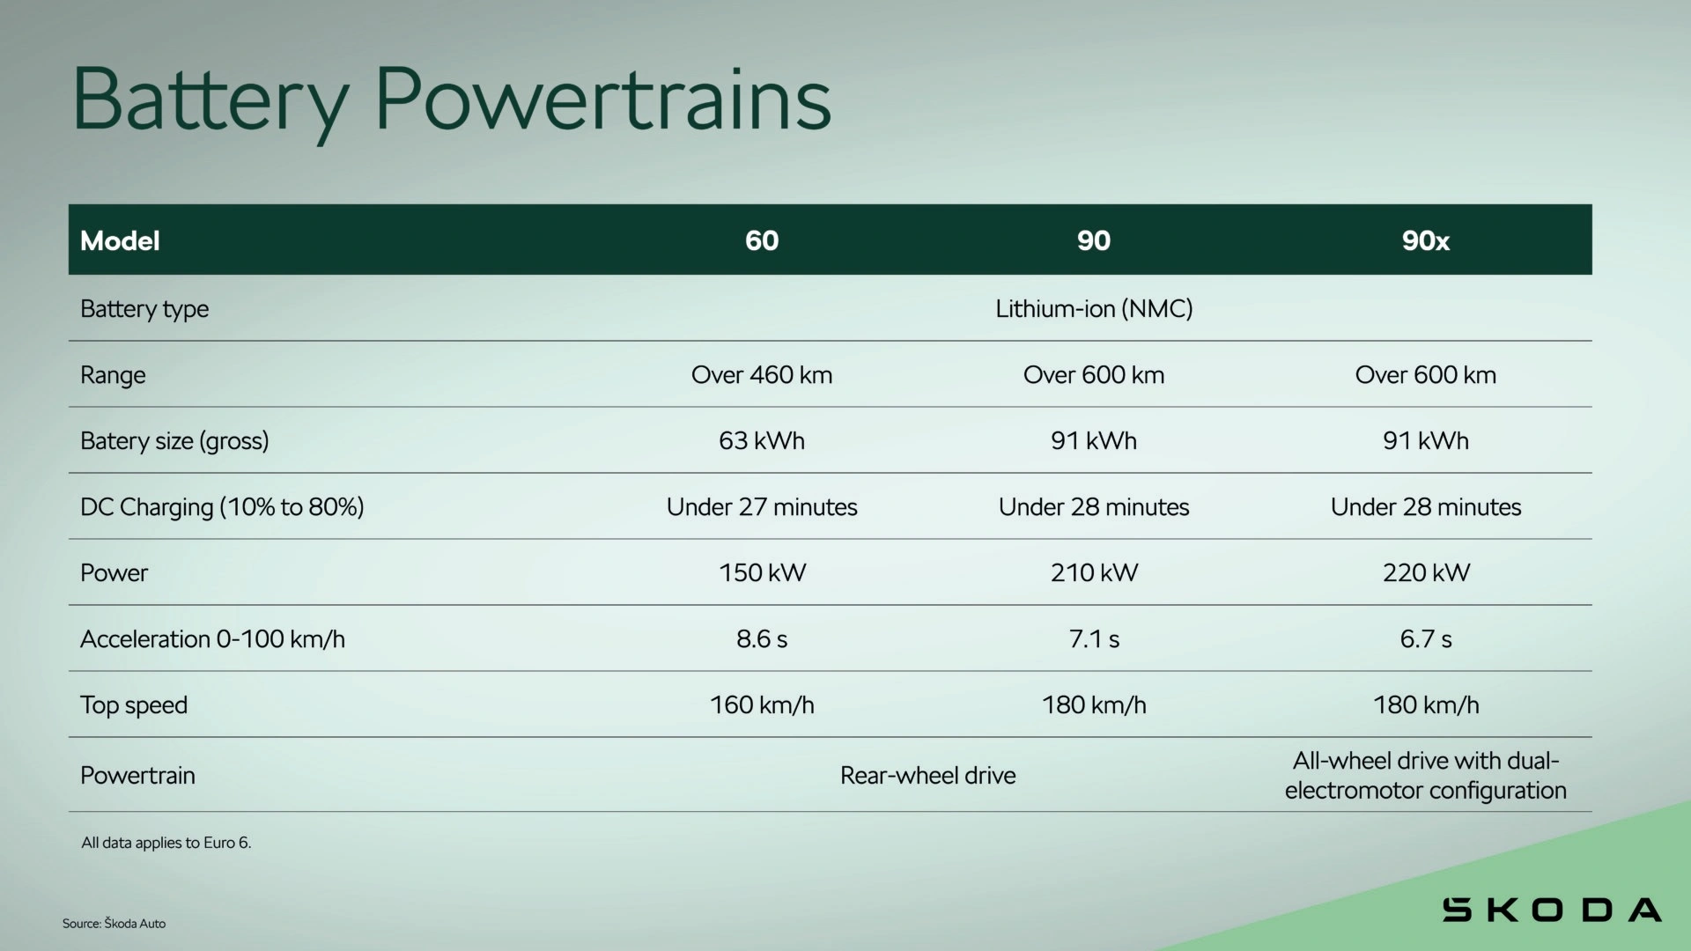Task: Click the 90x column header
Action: pos(1425,240)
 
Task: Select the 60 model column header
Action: pos(762,240)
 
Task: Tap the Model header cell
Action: pos(120,240)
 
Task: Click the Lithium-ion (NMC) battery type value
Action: pos(1094,309)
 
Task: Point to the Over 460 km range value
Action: pos(762,375)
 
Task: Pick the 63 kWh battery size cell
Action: pos(762,441)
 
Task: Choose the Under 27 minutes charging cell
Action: pos(762,507)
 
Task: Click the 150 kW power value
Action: pos(762,573)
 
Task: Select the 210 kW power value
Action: pos(1094,573)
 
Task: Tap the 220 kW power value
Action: pos(1426,573)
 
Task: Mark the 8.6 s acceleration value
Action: pos(762,639)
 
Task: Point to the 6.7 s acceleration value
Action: pos(1426,639)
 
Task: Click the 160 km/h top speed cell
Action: pos(762,705)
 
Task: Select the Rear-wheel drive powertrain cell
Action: pos(928,776)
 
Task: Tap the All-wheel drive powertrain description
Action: pos(1426,776)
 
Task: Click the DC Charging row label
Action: pos(222,507)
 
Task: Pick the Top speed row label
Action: pos(134,705)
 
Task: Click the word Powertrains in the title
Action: pos(603,99)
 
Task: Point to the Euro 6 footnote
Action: pos(166,843)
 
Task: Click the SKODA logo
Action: pos(1552,910)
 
